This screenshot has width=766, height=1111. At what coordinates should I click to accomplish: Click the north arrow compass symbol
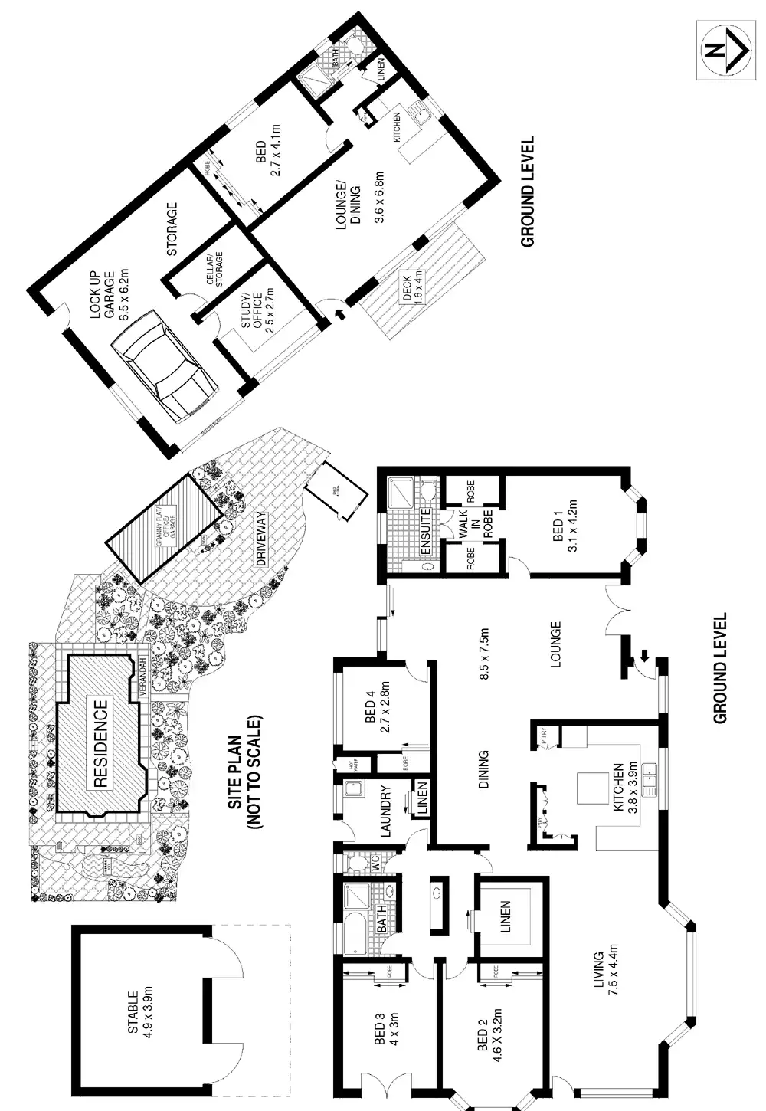(x=722, y=51)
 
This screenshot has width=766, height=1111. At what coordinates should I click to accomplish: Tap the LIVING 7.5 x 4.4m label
(x=605, y=958)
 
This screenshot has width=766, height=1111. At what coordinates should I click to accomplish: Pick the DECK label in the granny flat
(x=413, y=286)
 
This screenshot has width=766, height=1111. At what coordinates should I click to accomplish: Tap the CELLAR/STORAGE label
(x=215, y=270)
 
